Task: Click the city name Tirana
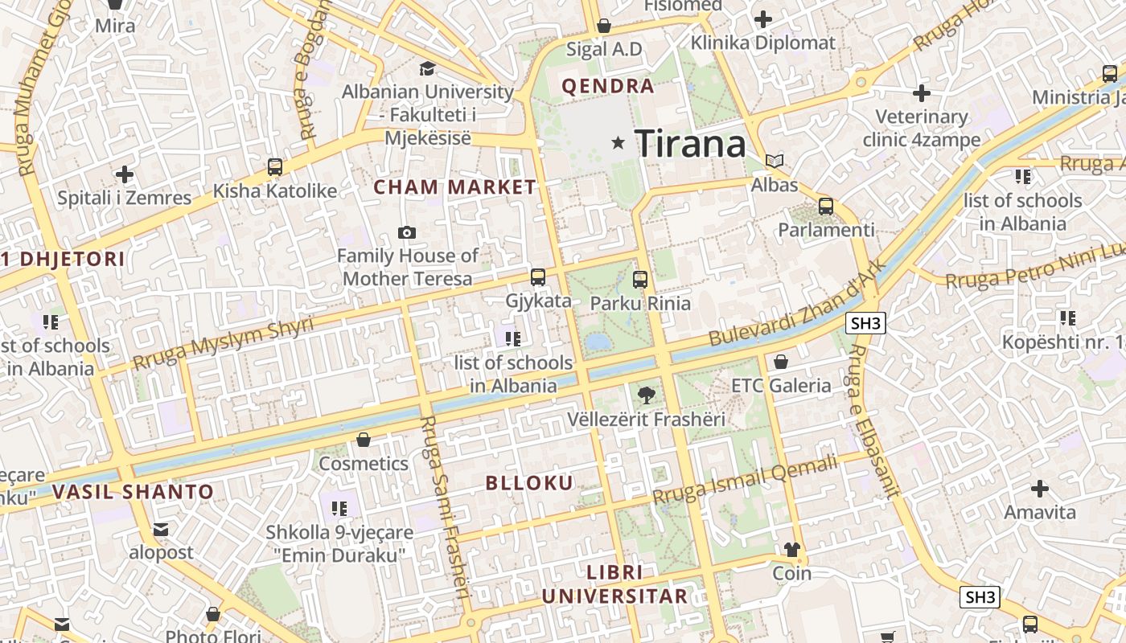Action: [x=690, y=144]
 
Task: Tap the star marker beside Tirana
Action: [x=618, y=143]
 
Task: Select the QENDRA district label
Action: [x=607, y=86]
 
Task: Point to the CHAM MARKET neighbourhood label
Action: [x=454, y=187]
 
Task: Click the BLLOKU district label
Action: [x=529, y=483]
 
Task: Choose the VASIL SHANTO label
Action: [x=133, y=492]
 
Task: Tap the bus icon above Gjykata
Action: [x=538, y=277]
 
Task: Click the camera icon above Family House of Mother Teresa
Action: [x=407, y=233]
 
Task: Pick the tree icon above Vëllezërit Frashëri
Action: [x=645, y=395]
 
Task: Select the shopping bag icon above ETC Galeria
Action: [x=780, y=362]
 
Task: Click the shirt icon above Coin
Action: [x=792, y=550]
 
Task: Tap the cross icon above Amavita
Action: [x=1040, y=488]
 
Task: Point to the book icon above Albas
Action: [x=775, y=161]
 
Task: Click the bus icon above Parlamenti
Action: [x=825, y=207]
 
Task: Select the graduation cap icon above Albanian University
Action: [x=427, y=68]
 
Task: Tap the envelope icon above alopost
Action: [x=161, y=529]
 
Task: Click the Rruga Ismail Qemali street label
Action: [x=745, y=480]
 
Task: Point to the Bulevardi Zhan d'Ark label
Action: [x=796, y=303]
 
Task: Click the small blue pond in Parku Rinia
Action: [x=598, y=342]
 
